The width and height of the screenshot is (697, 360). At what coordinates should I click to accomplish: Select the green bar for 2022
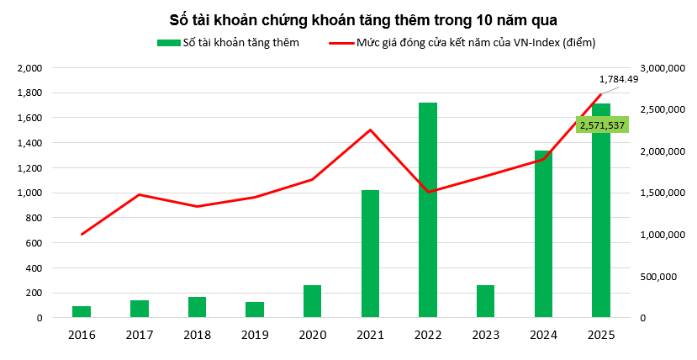pyautogui.click(x=428, y=210)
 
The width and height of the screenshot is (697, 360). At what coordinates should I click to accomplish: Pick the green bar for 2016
pyautogui.click(x=82, y=312)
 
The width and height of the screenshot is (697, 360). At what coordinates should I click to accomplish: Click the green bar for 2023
pyautogui.click(x=485, y=301)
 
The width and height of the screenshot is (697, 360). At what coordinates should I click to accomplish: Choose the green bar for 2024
pyautogui.click(x=543, y=235)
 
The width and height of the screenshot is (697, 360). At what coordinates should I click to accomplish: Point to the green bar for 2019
pyautogui.click(x=255, y=310)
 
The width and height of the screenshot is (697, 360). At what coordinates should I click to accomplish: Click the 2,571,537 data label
pyautogui.click(x=602, y=125)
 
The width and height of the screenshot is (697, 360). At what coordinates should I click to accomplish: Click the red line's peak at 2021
pyautogui.click(x=370, y=130)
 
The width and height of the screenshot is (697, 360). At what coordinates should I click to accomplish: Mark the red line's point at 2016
pyautogui.click(x=82, y=234)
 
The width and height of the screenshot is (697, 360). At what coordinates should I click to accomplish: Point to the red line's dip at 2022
pyautogui.click(x=428, y=192)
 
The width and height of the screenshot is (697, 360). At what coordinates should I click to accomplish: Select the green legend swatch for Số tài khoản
pyautogui.click(x=166, y=42)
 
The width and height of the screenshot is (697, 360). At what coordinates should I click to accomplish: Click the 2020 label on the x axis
pyautogui.click(x=312, y=335)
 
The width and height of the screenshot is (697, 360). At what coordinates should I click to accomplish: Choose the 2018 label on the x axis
pyautogui.click(x=197, y=335)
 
